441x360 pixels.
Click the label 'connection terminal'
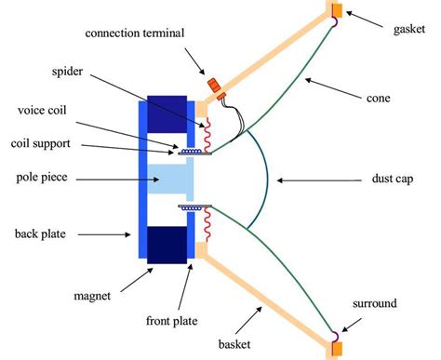pyautogui.click(x=135, y=33)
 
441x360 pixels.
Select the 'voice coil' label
pyautogui.click(x=44, y=111)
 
